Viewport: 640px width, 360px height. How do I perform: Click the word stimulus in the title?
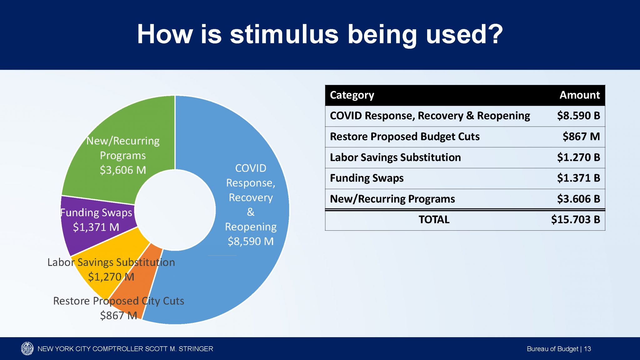[284, 34]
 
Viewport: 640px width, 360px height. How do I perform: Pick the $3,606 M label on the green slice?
[123, 170]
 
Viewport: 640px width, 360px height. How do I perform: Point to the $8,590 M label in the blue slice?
[251, 241]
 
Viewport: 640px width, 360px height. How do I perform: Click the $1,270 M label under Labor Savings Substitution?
[111, 277]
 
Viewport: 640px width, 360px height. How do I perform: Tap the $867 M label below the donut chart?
[118, 315]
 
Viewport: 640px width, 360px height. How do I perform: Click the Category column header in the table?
[352, 95]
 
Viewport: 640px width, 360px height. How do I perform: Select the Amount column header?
[579, 95]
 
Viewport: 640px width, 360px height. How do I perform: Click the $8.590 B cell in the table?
[578, 116]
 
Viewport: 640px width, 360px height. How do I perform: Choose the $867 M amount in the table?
[581, 137]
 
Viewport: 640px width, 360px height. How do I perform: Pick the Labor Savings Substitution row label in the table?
[395, 157]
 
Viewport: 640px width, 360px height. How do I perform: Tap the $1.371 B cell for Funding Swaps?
[578, 178]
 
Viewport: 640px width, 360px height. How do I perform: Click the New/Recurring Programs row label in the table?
[392, 199]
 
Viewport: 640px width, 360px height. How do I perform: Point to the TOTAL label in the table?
[434, 220]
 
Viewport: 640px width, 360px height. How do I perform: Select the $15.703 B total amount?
[575, 220]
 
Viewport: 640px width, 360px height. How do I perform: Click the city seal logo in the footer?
[27, 348]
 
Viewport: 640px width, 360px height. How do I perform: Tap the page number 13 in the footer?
[587, 349]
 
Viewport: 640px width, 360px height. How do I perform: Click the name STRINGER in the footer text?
[196, 349]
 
